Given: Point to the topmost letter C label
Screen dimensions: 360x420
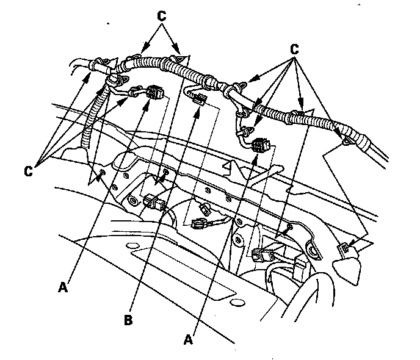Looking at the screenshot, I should click(x=162, y=16).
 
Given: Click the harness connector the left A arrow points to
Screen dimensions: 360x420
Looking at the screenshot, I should click(x=155, y=92).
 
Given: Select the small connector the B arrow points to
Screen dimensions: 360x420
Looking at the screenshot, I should click(x=198, y=100).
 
